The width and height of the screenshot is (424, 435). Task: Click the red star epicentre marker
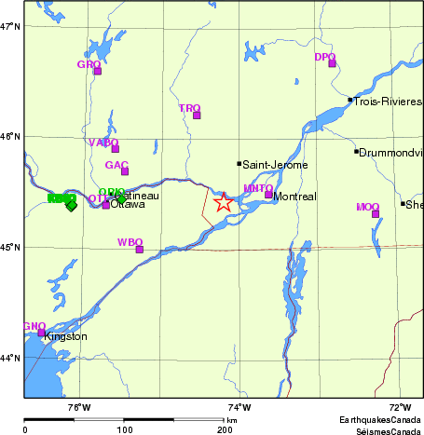pyautogui.click(x=224, y=202)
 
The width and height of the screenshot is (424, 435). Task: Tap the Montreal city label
pyautogui.click(x=294, y=197)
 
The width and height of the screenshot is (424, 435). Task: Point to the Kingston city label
pyautogui.click(x=65, y=336)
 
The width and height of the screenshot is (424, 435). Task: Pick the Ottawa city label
pyautogui.click(x=128, y=204)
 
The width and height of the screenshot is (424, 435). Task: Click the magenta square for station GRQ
pyautogui.click(x=97, y=71)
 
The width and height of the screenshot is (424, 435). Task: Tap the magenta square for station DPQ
pyautogui.click(x=332, y=63)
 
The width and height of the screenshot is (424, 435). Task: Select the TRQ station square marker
pyautogui.click(x=197, y=115)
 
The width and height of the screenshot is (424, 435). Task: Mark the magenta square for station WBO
pyautogui.click(x=140, y=249)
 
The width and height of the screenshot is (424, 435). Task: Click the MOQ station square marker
pyautogui.click(x=376, y=214)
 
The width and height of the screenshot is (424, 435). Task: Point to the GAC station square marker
pyautogui.click(x=125, y=170)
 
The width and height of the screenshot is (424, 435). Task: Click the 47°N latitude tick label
pyautogui.click(x=10, y=26)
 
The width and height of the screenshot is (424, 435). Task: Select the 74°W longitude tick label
pyautogui.click(x=239, y=406)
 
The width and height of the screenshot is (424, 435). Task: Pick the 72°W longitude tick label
pyautogui.click(x=400, y=406)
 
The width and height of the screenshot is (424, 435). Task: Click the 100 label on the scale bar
pyautogui.click(x=124, y=429)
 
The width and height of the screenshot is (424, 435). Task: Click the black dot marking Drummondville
pyautogui.click(x=356, y=151)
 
